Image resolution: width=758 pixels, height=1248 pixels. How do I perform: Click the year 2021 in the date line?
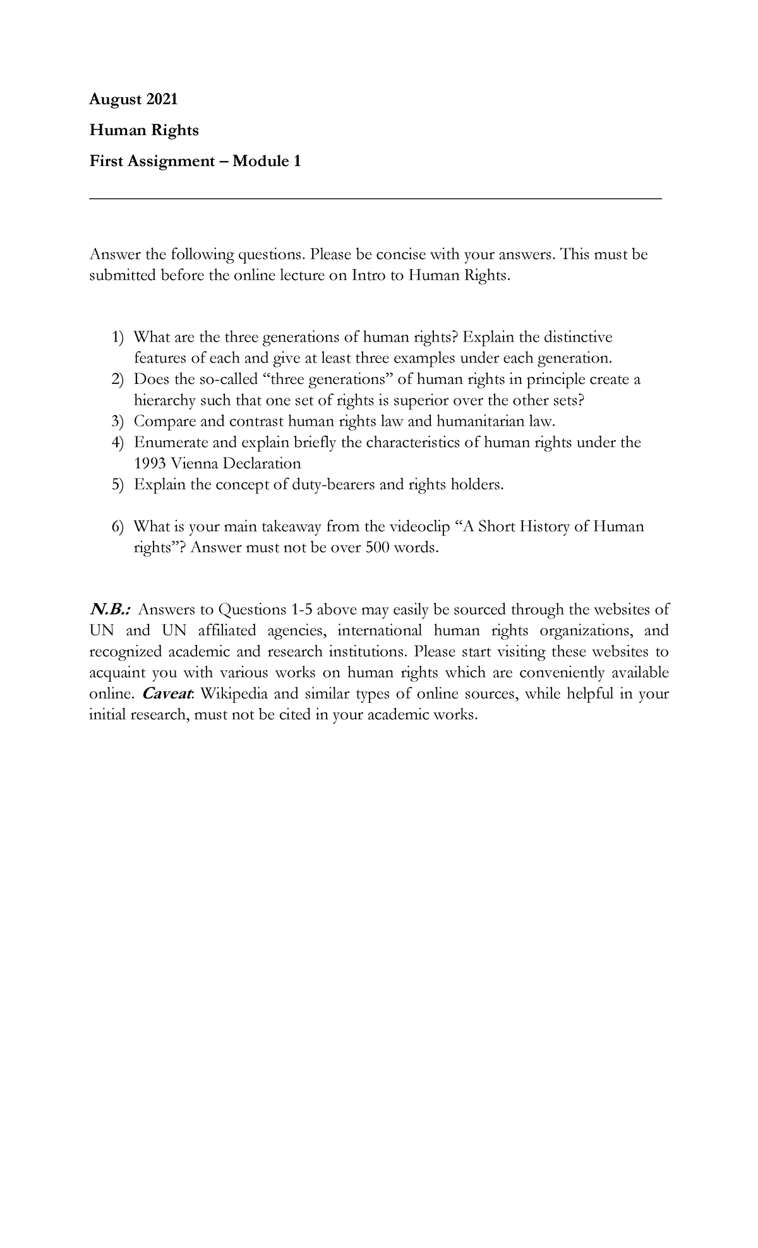[162, 99]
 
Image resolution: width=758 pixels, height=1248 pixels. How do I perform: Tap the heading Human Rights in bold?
[144, 130]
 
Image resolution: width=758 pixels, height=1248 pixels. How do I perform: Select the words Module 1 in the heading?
[266, 161]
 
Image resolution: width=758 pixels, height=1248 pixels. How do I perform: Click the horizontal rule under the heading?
[376, 198]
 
